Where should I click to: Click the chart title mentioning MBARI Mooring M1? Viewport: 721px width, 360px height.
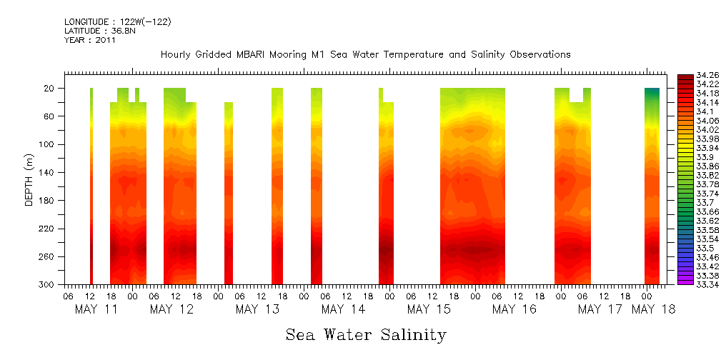pyautogui.click(x=365, y=54)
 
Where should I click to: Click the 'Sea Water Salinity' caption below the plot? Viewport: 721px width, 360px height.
pyautogui.click(x=366, y=334)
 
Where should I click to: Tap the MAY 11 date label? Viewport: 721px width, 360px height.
pyautogui.click(x=96, y=309)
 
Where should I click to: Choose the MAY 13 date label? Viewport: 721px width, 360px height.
pyautogui.click(x=257, y=309)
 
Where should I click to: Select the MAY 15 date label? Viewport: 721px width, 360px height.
pyautogui.click(x=429, y=309)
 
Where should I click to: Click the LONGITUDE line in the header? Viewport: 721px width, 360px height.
pyautogui.click(x=117, y=22)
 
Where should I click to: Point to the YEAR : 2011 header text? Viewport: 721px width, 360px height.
pyautogui.click(x=89, y=40)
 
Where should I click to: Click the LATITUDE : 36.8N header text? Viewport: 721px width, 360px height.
pyautogui.click(x=97, y=31)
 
